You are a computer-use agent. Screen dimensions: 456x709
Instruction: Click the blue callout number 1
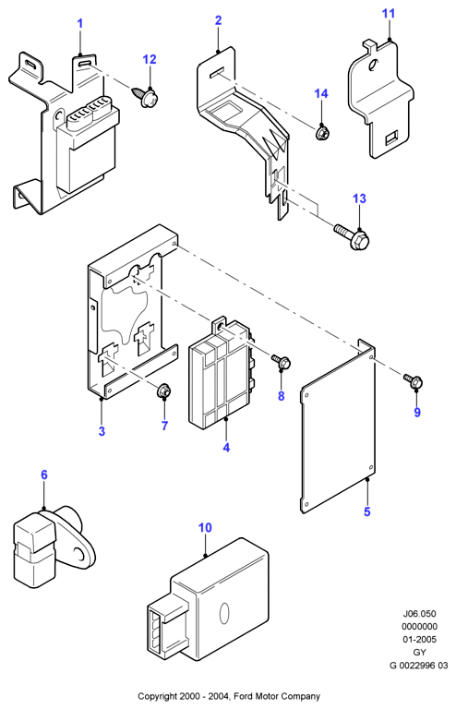click(80, 23)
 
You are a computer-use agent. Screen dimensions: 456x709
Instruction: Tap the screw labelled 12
click(145, 96)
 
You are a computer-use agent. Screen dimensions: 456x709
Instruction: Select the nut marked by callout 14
click(322, 133)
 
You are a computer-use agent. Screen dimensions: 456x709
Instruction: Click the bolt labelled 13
click(352, 235)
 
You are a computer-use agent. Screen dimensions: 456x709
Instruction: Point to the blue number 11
click(389, 14)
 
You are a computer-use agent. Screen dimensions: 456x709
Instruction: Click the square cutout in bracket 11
click(391, 138)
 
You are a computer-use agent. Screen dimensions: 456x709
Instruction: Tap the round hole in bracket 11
click(373, 66)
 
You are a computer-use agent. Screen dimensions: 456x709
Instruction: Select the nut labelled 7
click(163, 391)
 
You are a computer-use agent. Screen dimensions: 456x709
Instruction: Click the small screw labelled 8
click(282, 361)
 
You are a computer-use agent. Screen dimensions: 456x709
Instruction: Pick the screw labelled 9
click(413, 380)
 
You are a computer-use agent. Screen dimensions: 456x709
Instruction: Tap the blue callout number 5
click(367, 511)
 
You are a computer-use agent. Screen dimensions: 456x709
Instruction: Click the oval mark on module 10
click(223, 614)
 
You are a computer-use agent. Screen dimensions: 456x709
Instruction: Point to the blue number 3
click(102, 431)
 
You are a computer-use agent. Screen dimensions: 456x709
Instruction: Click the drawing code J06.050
click(419, 614)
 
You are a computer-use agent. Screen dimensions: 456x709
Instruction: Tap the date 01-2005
click(419, 640)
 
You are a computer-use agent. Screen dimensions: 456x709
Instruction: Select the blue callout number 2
click(218, 20)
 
